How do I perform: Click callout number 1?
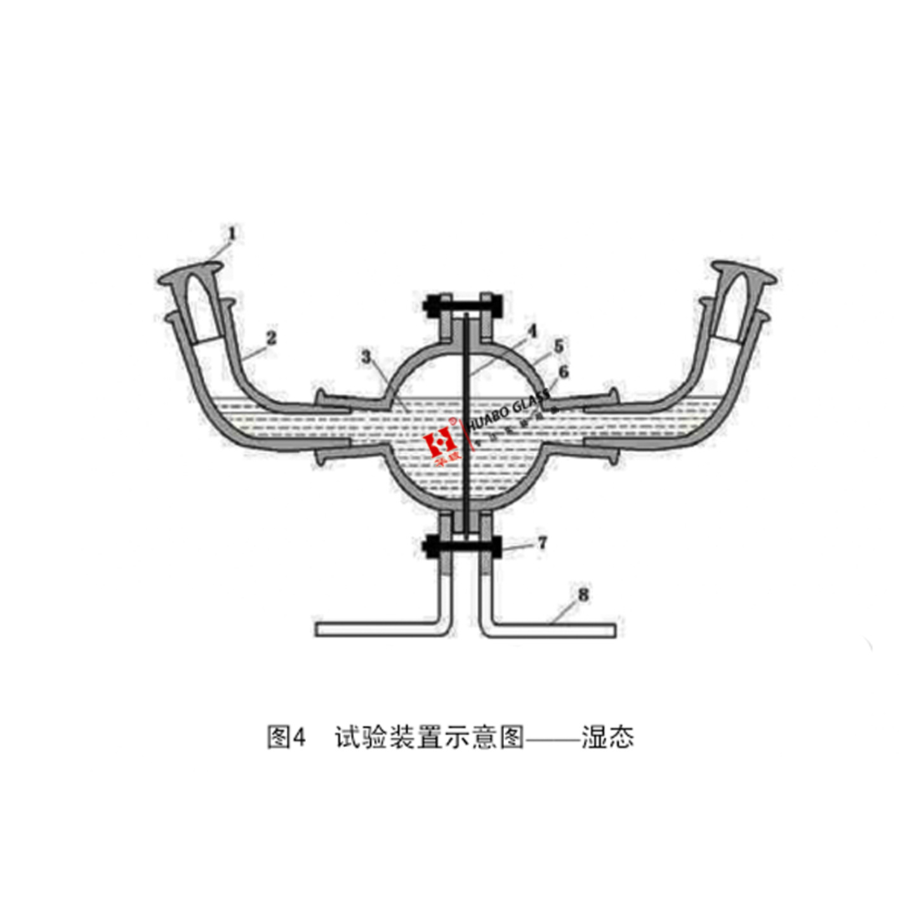(x=232, y=234)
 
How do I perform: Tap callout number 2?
(x=272, y=338)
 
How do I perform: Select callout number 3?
(x=366, y=357)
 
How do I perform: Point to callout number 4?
(x=532, y=331)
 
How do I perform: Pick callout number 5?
(x=559, y=347)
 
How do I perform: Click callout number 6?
(x=563, y=372)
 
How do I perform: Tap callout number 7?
(x=542, y=543)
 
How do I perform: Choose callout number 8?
(x=583, y=595)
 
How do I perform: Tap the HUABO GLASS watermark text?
(x=508, y=412)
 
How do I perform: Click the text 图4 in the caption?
(x=286, y=737)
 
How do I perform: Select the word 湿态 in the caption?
(x=607, y=737)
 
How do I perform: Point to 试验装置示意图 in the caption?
(x=430, y=737)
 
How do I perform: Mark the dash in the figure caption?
(x=553, y=738)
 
